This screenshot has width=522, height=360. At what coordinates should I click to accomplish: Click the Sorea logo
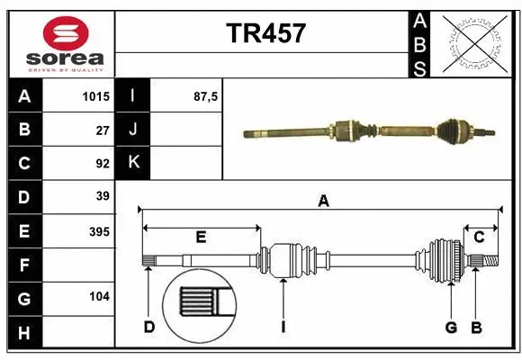point(59,42)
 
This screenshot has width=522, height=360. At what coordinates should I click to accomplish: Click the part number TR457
point(265,33)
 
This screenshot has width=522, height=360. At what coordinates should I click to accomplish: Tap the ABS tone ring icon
point(476,42)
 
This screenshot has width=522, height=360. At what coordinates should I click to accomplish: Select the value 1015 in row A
point(94,96)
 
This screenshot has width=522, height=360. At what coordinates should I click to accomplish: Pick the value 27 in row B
point(102,130)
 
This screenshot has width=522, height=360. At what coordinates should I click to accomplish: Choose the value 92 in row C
point(102,163)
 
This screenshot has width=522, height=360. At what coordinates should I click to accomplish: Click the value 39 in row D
point(102,196)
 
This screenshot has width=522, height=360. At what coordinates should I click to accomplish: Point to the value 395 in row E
point(98,230)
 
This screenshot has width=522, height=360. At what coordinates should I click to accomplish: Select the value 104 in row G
point(98,296)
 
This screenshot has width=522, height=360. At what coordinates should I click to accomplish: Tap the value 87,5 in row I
point(206,96)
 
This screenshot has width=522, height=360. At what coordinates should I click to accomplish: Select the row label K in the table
point(133,162)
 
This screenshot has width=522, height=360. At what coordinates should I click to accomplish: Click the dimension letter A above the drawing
point(323,202)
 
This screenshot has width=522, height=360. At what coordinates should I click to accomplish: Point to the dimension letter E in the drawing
point(201,238)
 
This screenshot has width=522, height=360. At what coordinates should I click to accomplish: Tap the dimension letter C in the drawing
point(479,238)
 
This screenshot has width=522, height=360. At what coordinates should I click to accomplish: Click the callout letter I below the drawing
point(283,327)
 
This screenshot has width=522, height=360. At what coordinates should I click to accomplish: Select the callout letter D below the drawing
point(149,327)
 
